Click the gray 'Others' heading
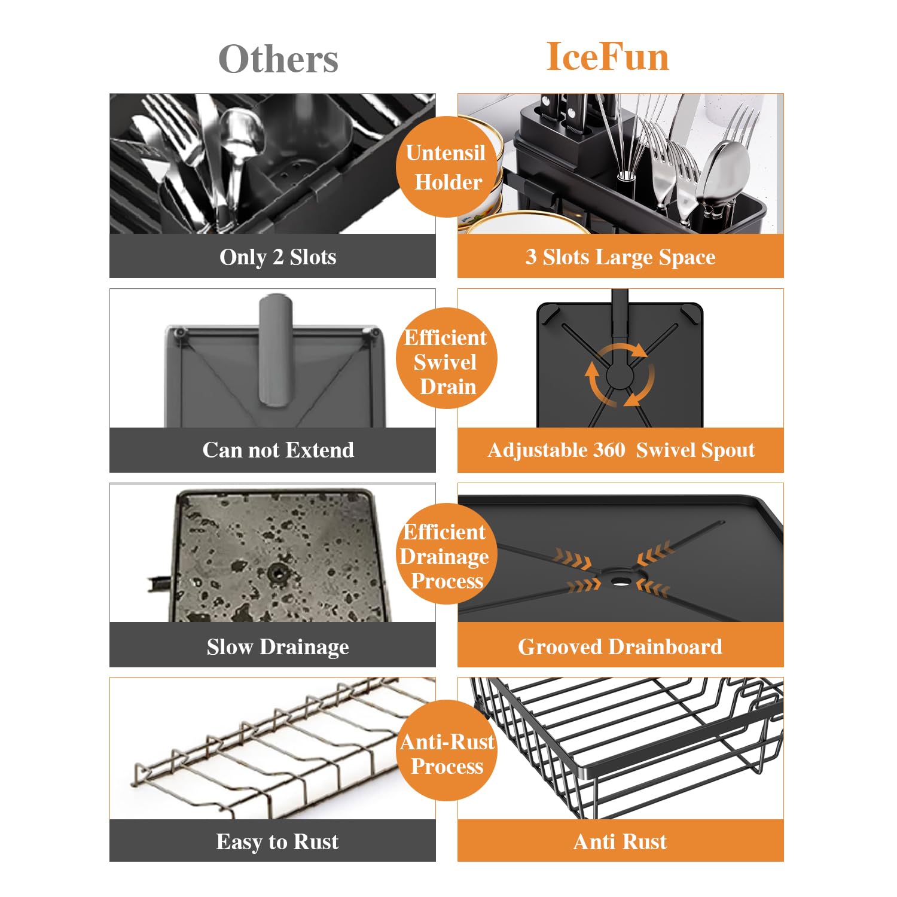[278, 59]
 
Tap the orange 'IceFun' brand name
[608, 57]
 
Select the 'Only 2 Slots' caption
[278, 257]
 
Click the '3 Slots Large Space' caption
[621, 257]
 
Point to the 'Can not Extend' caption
[278, 450]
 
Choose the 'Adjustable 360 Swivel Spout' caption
[621, 450]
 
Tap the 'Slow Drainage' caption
[278, 647]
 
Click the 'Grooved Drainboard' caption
[620, 646]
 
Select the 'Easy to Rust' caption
[277, 841]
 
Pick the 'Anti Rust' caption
[620, 841]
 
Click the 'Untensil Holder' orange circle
[447, 167]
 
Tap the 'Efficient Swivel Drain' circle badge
[447, 359]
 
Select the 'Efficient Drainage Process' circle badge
[447, 554]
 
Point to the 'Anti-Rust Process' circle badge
[447, 750]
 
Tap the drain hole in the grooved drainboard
[621, 579]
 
